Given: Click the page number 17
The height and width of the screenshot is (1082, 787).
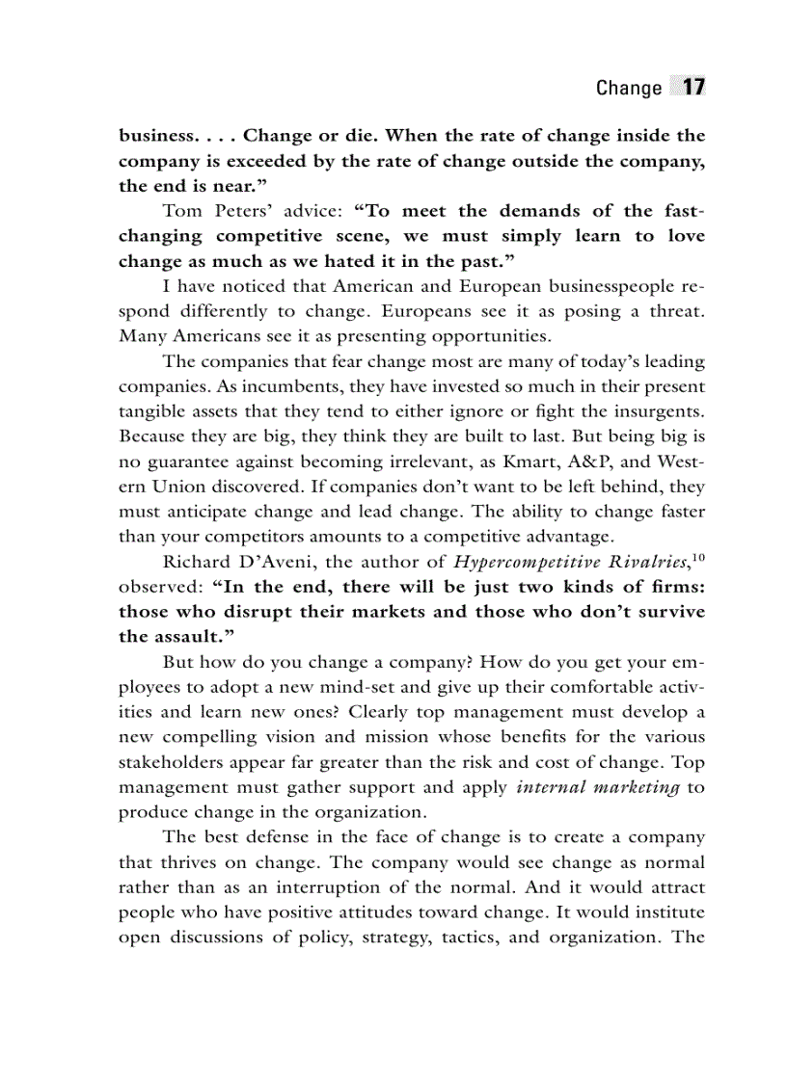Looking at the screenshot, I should click(692, 87).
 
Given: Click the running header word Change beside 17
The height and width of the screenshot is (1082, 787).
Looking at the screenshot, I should click(628, 88).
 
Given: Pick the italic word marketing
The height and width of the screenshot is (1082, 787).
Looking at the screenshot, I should click(632, 787).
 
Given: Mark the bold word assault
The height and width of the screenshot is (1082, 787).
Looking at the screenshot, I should click(191, 637).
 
